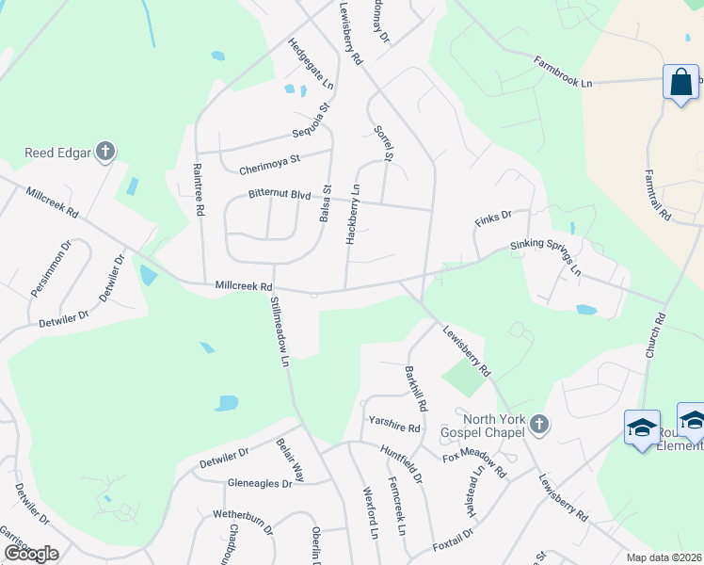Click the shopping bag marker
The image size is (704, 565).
(x=680, y=82)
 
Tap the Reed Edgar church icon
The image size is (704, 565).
(x=105, y=151)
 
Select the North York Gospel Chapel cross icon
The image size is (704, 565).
(x=538, y=424)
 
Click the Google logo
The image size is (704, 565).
(x=31, y=554)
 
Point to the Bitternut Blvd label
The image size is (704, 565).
(x=279, y=194)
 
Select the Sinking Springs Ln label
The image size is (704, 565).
(x=546, y=256)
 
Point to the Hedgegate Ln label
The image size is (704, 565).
(x=310, y=64)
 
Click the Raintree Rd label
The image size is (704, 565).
(x=199, y=190)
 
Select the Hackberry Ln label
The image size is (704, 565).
(x=354, y=215)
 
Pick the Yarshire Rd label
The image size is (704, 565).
(x=394, y=425)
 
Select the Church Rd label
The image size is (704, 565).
(x=654, y=335)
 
